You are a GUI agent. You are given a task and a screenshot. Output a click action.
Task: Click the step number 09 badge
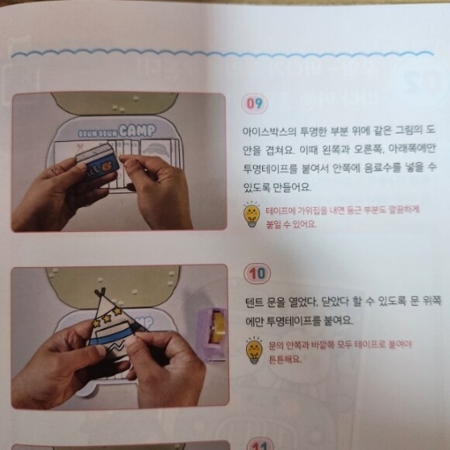click(x=254, y=104)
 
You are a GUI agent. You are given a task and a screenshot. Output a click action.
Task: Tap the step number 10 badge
click(x=257, y=274)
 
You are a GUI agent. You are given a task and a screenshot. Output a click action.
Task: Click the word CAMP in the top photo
click(x=137, y=131)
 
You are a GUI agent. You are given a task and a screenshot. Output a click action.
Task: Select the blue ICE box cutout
click(x=98, y=162)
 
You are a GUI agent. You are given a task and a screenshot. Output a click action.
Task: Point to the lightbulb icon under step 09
click(x=251, y=215)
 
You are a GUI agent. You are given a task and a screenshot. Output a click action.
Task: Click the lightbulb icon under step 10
click(x=254, y=351)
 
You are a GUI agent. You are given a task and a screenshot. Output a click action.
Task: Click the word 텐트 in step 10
click(x=254, y=303)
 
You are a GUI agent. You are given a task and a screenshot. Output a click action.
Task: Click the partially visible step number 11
click(x=260, y=445)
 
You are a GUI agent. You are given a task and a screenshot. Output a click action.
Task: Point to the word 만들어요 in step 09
click(x=291, y=187)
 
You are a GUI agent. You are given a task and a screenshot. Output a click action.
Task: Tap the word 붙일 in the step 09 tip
click(x=273, y=224)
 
